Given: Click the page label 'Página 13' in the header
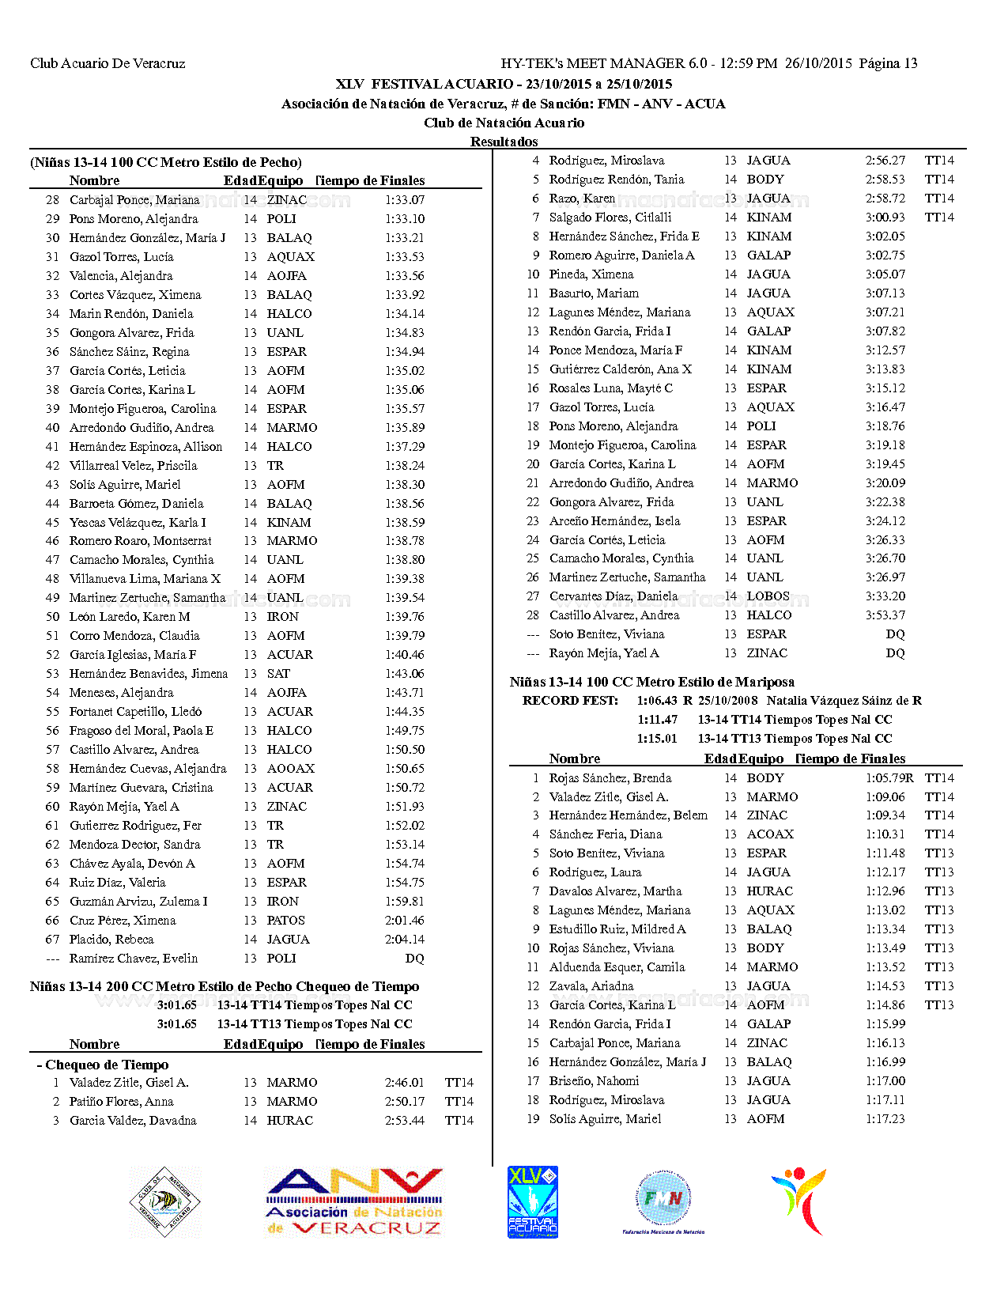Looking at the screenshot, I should coord(888,63).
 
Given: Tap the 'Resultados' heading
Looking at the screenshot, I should coord(504,142).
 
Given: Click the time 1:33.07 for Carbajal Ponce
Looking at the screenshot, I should coord(405,200).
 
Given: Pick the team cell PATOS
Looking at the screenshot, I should coord(285,921).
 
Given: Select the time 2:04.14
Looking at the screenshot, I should coord(405,940).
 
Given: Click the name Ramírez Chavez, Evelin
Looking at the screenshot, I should coord(134,959).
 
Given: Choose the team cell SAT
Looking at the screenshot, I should coord(278,674).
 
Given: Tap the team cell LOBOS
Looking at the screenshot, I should coord(768,596).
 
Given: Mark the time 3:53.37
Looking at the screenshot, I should coord(885,615).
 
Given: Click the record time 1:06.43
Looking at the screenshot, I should coord(657,701).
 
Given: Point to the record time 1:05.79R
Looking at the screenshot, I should coord(889,778).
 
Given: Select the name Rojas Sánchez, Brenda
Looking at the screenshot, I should coord(610,778).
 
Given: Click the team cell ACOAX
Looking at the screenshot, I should coord(770,834).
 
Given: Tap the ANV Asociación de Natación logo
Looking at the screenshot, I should coord(354,1202).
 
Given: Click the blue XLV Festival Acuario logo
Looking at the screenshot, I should coord(533,1202).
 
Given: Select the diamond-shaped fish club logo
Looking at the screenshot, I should coord(165,1202).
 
